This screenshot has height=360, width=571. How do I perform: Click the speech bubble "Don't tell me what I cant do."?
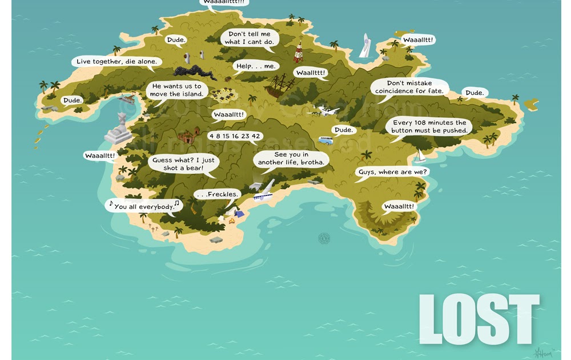click(250, 38)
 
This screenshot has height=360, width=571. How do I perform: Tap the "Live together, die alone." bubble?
click(116, 62)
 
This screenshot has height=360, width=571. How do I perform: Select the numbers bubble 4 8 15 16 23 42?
click(234, 136)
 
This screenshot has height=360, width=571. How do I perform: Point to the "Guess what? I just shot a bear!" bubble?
click(183, 164)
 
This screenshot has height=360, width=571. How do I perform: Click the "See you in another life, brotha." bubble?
click(291, 158)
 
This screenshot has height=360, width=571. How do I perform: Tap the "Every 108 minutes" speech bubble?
click(429, 127)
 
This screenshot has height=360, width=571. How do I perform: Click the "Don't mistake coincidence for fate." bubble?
click(409, 87)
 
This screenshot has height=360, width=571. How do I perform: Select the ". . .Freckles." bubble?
click(216, 195)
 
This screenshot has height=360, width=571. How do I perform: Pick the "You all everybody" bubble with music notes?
click(144, 206)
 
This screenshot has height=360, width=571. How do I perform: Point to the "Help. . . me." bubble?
click(255, 67)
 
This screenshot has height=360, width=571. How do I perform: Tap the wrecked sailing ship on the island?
click(280, 86)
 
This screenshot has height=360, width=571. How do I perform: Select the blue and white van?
click(325, 140)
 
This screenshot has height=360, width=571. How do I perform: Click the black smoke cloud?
click(194, 73)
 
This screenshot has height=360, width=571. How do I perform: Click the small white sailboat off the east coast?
click(421, 155)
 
